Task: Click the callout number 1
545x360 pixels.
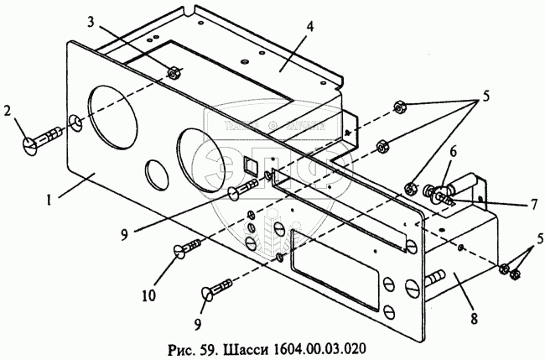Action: pyautogui.click(x=49, y=201)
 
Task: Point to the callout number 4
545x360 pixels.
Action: pyautogui.click(x=310, y=26)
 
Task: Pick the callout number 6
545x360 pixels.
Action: pyautogui.click(x=453, y=151)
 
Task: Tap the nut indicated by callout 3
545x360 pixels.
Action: pyautogui.click(x=172, y=73)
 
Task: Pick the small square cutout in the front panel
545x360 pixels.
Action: pyautogui.click(x=249, y=164)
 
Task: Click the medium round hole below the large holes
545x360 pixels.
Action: pyautogui.click(x=156, y=175)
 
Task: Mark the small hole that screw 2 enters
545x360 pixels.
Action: pyautogui.click(x=77, y=124)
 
